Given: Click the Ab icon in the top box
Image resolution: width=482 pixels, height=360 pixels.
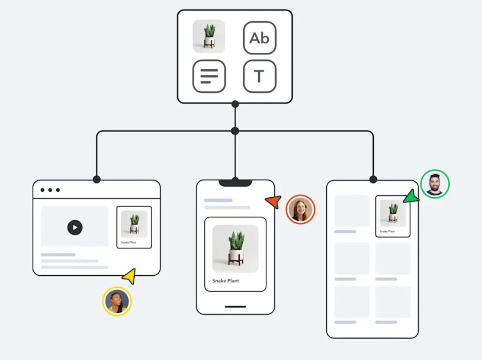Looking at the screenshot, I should [260, 38].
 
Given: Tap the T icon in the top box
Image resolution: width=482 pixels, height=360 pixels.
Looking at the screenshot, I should [260, 76].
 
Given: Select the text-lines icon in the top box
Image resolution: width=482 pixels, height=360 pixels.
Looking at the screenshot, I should [209, 76].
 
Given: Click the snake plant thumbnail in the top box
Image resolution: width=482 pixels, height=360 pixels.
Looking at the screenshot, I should [209, 36].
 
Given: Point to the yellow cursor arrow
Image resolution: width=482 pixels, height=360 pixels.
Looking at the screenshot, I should [129, 276].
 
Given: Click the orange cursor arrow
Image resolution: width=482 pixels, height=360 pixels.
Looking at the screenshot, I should [273, 201].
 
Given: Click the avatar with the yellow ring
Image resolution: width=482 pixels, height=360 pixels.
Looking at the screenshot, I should [117, 301].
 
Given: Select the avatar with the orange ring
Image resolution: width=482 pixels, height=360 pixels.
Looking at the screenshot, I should [300, 209].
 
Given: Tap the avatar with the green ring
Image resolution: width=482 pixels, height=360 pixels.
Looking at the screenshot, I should [435, 183].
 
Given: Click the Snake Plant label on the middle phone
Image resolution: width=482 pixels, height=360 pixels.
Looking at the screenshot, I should [225, 281].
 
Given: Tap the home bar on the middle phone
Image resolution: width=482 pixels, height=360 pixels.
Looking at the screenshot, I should [235, 307].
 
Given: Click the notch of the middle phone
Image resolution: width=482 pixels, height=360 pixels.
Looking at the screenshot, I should [235, 183].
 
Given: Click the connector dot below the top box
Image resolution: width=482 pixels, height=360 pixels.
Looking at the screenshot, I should [235, 104].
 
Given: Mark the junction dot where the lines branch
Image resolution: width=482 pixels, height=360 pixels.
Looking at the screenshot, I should [235, 131].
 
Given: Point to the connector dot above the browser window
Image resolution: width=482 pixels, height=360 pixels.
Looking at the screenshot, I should [96, 179].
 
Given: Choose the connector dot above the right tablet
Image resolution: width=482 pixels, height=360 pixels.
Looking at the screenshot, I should [373, 179].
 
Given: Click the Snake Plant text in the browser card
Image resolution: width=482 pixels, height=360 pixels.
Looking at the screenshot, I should [129, 242].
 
